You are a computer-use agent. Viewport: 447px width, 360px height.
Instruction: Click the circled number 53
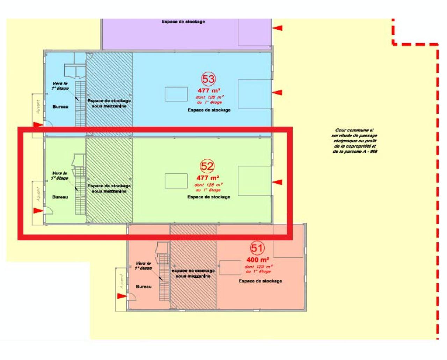point(208,79)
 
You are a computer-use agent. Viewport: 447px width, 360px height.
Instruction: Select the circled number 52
point(207,166)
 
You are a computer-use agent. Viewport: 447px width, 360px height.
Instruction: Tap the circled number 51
point(257,248)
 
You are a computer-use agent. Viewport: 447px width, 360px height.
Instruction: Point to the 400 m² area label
point(258,260)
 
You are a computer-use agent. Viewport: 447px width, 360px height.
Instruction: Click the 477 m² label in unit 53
point(209,91)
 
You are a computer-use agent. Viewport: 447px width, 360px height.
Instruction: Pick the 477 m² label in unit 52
point(208,178)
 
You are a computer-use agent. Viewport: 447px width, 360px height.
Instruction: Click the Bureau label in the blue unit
point(60,107)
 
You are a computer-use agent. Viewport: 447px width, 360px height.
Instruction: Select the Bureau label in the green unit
point(60,197)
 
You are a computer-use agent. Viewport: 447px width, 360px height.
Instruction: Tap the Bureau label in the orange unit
point(144,287)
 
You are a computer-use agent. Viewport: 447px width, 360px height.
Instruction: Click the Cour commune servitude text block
point(354,141)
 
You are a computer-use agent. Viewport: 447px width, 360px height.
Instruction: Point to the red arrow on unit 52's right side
point(277,182)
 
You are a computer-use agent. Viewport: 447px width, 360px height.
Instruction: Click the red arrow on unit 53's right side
point(277,92)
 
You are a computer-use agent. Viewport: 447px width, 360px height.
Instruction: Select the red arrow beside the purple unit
point(278,28)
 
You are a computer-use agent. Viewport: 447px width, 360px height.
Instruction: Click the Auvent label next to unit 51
point(122,281)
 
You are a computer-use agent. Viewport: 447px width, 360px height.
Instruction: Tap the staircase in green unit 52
point(80,190)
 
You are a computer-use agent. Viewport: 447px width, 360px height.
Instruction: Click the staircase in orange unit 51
point(164,277)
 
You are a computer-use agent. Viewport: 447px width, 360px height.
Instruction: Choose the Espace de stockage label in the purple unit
point(183,22)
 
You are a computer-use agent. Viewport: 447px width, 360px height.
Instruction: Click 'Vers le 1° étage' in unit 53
point(60,86)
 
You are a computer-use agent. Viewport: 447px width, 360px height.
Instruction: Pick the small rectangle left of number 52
point(176,181)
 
